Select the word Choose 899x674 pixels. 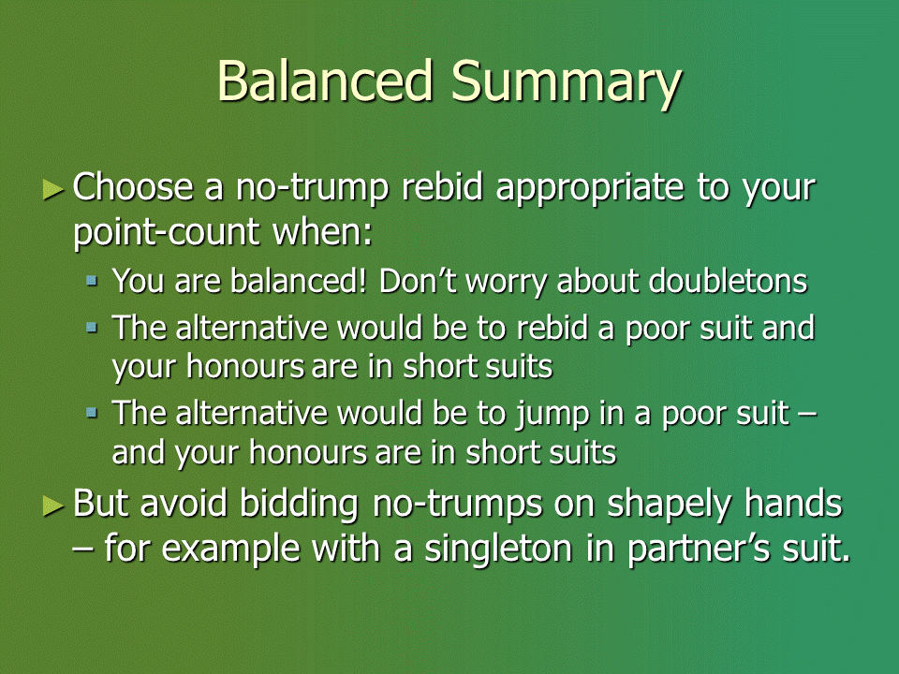point(133,187)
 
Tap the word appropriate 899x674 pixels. point(590,190)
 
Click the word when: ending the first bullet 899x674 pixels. point(322,231)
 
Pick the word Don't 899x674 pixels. point(418,282)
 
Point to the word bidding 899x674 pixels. point(299,505)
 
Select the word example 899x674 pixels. point(231,550)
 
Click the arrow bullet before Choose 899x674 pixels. point(53,190)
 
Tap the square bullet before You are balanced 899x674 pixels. point(92,280)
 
